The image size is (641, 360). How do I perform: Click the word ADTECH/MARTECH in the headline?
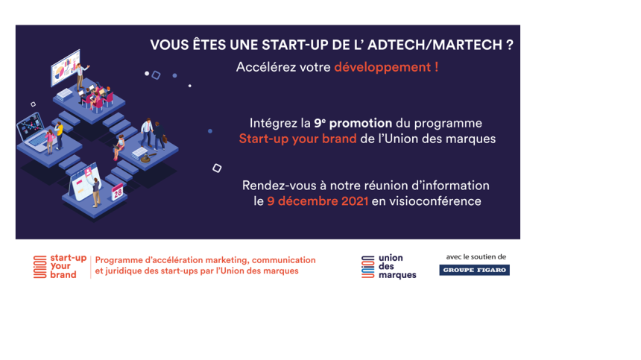pos(435,45)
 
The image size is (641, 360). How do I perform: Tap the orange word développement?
pos(382,67)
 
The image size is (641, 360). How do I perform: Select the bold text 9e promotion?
pos(353,123)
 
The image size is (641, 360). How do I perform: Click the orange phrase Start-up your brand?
pos(297,139)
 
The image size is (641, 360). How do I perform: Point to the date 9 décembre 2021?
pos(318,201)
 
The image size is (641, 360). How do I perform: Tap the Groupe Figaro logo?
pos(474,270)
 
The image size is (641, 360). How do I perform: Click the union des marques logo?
pos(389,267)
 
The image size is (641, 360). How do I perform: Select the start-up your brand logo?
pos(60,266)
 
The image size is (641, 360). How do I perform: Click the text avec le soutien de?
pos(476,257)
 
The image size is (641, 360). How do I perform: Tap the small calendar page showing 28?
pos(118,192)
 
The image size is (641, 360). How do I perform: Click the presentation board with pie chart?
pos(65,68)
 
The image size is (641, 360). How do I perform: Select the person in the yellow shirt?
pos(60,135)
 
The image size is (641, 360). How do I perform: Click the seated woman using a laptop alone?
pos(119,147)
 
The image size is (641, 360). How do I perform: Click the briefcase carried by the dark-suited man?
pos(165,139)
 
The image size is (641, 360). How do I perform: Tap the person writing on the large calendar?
pos(96,192)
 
